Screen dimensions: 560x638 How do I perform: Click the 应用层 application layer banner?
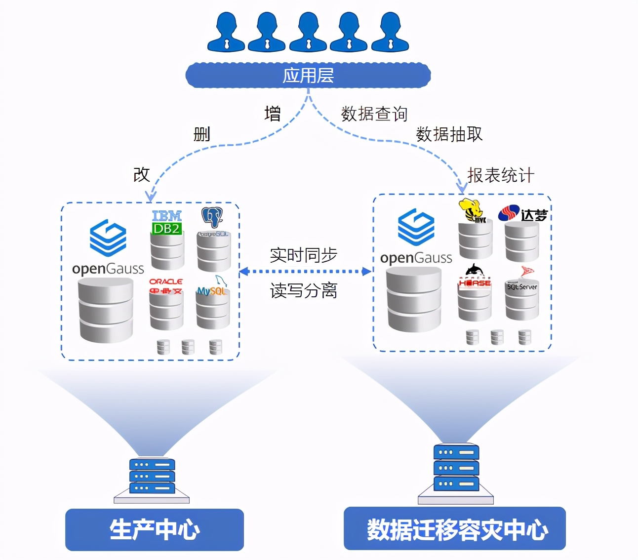coord(308,76)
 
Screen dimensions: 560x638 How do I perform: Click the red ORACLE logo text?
coord(166,281)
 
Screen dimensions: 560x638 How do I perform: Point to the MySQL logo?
coord(212,290)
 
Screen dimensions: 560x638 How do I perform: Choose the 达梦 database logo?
coord(523,214)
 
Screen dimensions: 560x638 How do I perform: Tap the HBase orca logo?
coord(475,277)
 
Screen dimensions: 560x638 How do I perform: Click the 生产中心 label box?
coord(155,529)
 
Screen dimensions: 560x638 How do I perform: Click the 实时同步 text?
coord(303,255)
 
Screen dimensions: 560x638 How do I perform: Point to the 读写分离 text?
coord(303,290)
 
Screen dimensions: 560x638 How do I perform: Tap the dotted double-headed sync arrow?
coord(305,271)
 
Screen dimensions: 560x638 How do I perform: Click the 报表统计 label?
coord(500,175)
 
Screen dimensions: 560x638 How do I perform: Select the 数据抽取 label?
coord(449,134)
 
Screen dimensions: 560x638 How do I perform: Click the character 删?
coord(202,134)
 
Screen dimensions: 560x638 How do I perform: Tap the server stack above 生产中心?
coord(152,477)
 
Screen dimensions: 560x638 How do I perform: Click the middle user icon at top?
coord(308,32)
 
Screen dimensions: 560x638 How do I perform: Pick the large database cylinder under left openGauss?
coord(106,310)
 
